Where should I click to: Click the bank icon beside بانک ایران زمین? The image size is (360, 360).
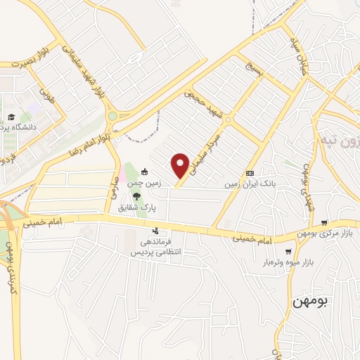click(249, 173)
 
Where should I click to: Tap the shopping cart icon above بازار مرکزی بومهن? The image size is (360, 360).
click(323, 224)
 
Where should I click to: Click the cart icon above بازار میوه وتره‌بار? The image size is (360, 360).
click(288, 251)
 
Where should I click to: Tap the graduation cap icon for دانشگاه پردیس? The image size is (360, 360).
click(11, 117)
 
